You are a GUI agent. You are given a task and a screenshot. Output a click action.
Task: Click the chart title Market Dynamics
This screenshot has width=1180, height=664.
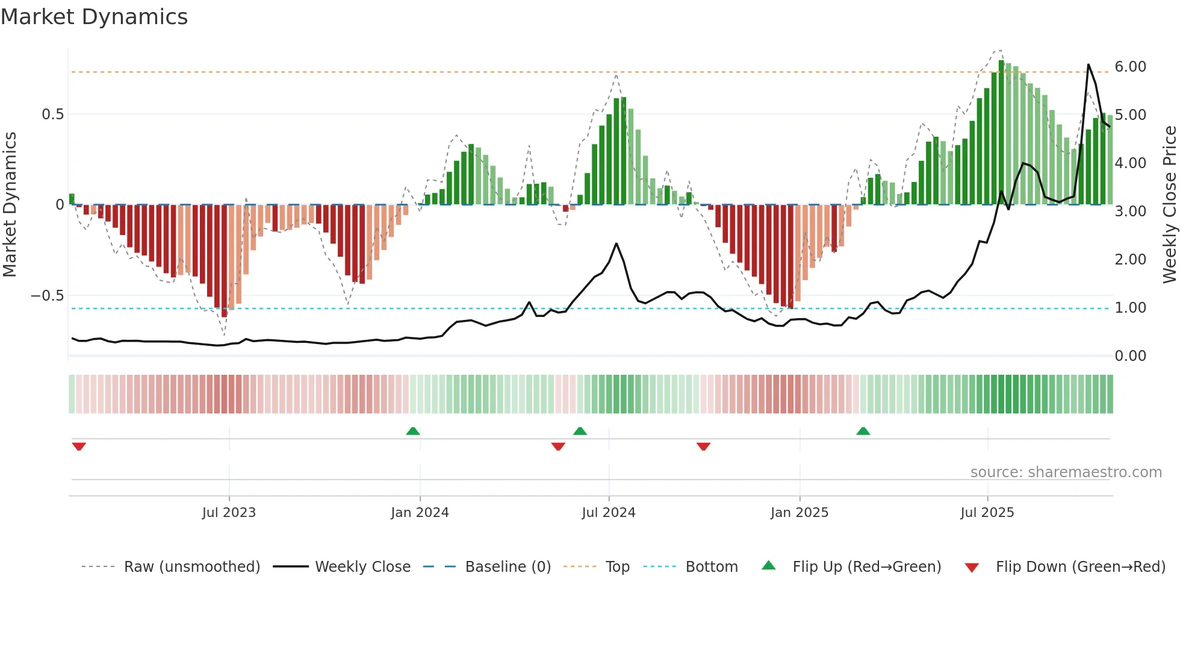coord(94,17)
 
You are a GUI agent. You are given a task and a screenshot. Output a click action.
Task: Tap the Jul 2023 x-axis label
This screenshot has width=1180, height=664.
coord(229,513)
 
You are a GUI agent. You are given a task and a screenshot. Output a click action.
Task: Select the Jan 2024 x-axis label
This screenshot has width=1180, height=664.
coord(420,513)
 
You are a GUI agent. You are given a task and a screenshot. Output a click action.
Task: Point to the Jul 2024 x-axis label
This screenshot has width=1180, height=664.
coord(608,513)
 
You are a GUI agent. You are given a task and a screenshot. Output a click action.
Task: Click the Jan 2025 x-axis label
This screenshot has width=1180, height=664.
coord(799,513)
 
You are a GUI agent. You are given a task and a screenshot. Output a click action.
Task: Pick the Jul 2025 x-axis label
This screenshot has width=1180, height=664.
coord(987,513)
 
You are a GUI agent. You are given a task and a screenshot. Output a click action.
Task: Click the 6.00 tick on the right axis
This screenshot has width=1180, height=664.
coord(1130,67)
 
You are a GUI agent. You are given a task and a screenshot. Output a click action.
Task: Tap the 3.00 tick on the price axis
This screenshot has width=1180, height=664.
coord(1130,211)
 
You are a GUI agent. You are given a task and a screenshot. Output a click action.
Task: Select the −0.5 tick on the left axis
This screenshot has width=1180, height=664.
coord(47,296)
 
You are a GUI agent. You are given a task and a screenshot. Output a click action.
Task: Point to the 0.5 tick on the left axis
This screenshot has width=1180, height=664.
coord(52,114)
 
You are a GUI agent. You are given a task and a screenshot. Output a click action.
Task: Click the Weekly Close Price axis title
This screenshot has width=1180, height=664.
coord(1169,205)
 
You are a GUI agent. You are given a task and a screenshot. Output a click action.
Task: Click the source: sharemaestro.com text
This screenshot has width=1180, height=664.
coord(1066,472)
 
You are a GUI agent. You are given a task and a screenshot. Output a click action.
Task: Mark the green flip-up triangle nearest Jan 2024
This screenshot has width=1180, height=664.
coord(413,431)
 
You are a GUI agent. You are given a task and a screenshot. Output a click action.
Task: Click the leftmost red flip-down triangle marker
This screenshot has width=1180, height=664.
coord(79,446)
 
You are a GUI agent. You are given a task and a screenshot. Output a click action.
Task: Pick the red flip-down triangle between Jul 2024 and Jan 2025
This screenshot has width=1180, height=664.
coord(703,446)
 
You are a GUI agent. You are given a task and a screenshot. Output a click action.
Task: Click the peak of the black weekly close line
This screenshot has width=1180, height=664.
coord(1088,64)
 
